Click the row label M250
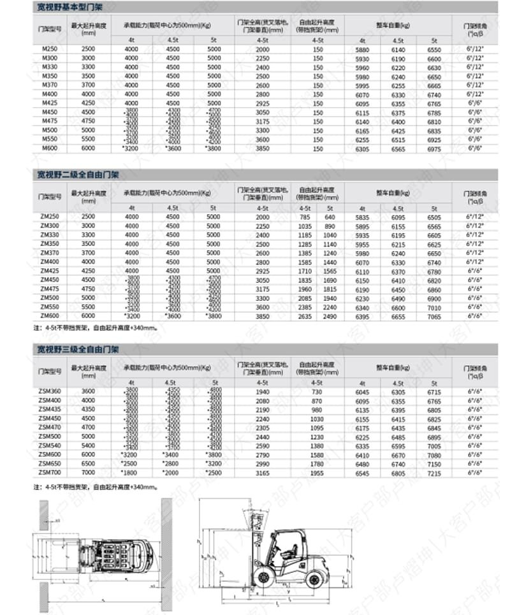pyautogui.click(x=50, y=49)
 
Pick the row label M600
pyautogui.click(x=50, y=148)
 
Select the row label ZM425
pyautogui.click(x=50, y=271)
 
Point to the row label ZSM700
pyautogui.click(x=50, y=474)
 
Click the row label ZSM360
pyautogui.click(x=50, y=391)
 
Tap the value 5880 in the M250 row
pyautogui.click(x=362, y=49)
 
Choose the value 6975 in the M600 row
pyautogui.click(x=434, y=148)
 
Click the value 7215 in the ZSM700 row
pyautogui.click(x=434, y=474)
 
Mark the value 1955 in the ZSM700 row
pyautogui.click(x=317, y=474)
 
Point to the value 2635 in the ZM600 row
pyautogui.click(x=304, y=316)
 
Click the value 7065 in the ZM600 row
pyautogui.click(x=434, y=316)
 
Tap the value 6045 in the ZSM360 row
pyautogui.click(x=362, y=391)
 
